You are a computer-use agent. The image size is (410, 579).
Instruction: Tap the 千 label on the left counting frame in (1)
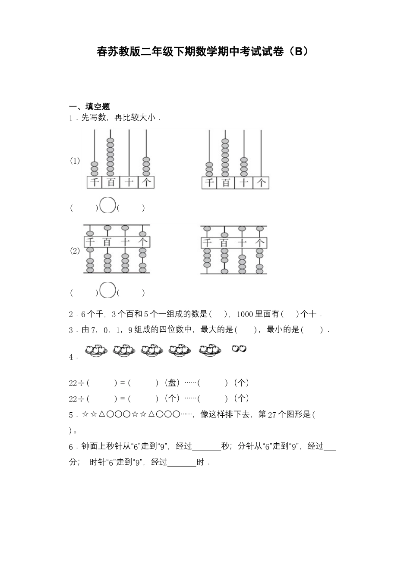pos(95,182)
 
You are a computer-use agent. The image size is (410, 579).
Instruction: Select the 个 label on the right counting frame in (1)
pos(261,183)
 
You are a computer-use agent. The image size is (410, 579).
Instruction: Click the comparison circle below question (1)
pos(107,205)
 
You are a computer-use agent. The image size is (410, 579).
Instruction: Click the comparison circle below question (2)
pos(107,290)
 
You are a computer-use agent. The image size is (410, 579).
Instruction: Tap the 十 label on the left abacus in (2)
pos(125,242)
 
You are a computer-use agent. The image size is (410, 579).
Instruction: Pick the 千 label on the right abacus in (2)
pos(208,243)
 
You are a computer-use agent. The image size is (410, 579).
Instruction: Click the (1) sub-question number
pos(75,161)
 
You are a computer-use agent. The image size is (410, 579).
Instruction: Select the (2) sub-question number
pos(75,251)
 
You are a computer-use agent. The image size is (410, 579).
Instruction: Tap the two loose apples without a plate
pos(239,349)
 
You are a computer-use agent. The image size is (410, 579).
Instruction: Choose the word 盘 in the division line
pos(172,383)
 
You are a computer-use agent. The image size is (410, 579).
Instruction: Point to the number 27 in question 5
pos(272,415)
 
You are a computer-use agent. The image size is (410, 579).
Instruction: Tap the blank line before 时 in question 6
pos(182,464)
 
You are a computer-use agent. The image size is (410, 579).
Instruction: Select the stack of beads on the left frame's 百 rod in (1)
pos(111,157)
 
